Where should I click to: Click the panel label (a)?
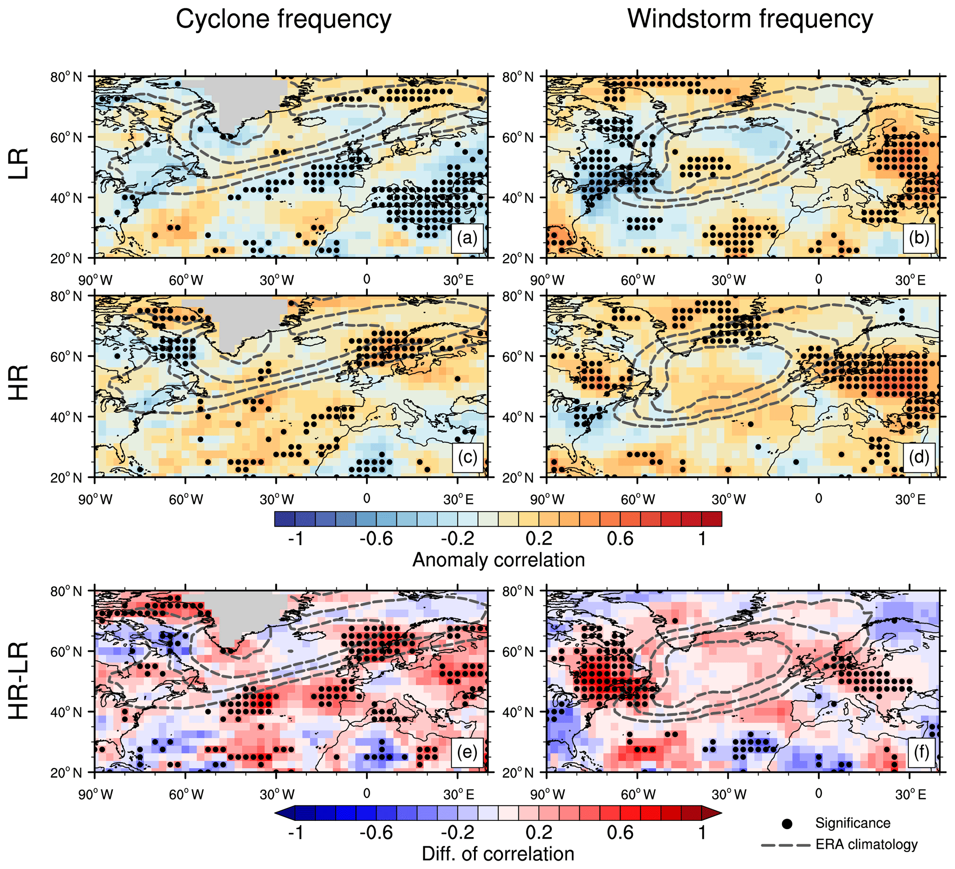coord(467,238)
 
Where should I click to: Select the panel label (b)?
coord(919,238)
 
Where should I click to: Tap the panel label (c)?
coord(467,457)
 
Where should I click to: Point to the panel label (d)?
coord(919,457)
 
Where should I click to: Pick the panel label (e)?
coord(467,753)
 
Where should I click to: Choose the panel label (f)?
coord(921,753)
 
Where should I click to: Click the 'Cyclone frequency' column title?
coord(283,20)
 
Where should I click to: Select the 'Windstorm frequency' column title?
coord(750,20)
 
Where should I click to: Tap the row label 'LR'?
coord(20,164)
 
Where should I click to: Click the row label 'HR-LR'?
coord(20,681)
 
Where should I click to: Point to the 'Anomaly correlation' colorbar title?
coord(499,560)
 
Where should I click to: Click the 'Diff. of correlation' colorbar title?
coord(498,854)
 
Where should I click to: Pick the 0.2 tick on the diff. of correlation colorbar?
coord(539,832)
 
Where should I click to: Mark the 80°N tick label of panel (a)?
coord(66,77)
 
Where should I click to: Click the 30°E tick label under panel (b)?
coord(910,280)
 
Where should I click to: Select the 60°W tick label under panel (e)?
coord(186,795)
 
